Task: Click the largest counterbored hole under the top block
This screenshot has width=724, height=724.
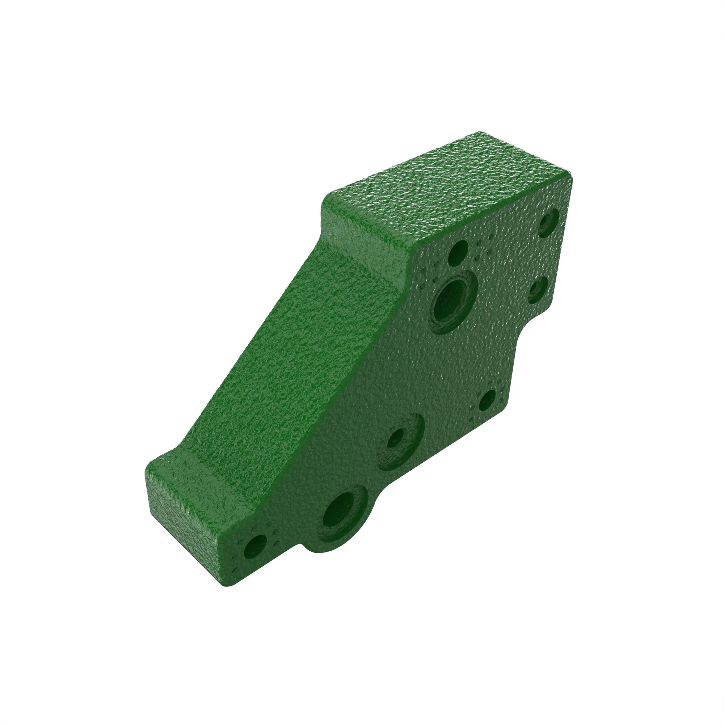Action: click(x=453, y=303)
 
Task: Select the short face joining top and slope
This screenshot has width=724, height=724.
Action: click(x=360, y=232)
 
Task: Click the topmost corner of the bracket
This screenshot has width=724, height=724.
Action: click(x=480, y=132)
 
